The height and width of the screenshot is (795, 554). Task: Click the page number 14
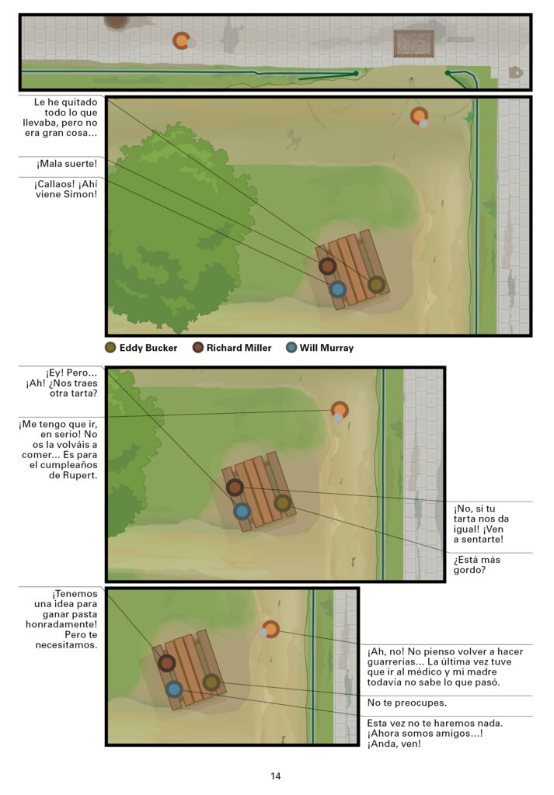(x=276, y=776)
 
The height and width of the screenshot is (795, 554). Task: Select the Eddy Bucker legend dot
(x=110, y=347)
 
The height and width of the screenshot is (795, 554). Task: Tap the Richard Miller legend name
(x=239, y=348)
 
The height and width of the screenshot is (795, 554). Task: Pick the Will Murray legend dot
(x=291, y=347)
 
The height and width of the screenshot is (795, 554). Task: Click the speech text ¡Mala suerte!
(x=67, y=164)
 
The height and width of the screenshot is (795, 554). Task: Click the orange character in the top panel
(x=182, y=40)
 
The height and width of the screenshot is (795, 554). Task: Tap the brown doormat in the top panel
(x=414, y=43)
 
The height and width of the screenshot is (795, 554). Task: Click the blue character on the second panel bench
(x=338, y=290)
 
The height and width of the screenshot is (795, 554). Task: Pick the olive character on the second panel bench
(x=376, y=284)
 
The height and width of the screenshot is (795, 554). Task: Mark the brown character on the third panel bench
(x=235, y=488)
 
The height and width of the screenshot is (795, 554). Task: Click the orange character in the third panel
(x=340, y=410)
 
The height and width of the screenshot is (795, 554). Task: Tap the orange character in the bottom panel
(x=270, y=629)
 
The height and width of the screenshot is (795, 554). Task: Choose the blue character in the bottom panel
(x=174, y=689)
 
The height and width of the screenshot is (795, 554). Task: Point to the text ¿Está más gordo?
(x=477, y=565)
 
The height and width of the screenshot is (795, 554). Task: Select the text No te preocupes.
(x=407, y=703)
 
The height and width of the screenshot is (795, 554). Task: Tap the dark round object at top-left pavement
(x=117, y=22)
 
